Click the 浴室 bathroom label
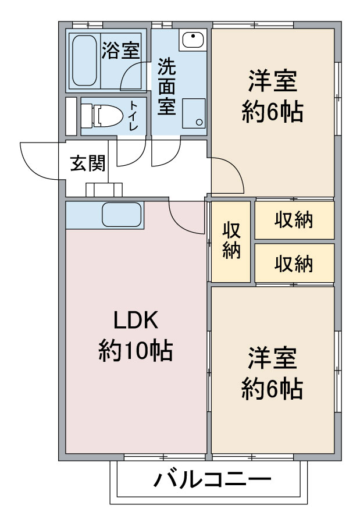point(120,51)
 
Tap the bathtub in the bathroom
point(85,61)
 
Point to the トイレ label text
point(134,115)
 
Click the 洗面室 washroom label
point(166,87)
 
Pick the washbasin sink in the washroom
point(193,40)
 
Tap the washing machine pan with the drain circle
point(194,113)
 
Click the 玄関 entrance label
point(88,163)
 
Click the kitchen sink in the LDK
point(122,215)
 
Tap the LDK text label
point(136,320)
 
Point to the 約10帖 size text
point(136,351)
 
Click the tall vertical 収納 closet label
point(231,240)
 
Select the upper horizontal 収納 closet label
point(294,220)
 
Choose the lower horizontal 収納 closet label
point(294,264)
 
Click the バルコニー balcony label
point(213,480)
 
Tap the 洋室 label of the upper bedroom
point(273,81)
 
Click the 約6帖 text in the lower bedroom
point(272,388)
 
